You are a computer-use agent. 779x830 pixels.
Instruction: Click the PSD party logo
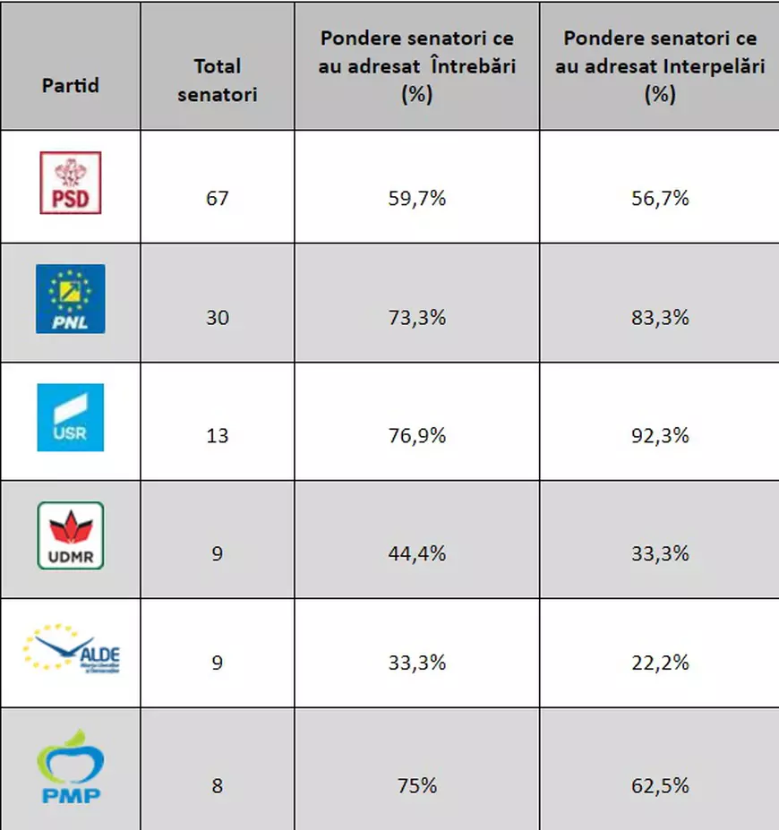point(71,183)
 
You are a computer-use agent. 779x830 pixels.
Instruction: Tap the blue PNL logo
point(71,299)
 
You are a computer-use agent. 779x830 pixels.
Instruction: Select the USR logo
point(71,417)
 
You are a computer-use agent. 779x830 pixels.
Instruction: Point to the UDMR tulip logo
point(71,535)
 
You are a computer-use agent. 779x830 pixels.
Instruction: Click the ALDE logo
point(72,650)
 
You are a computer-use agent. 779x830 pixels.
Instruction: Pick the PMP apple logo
point(71,769)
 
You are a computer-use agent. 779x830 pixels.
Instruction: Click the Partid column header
point(71,86)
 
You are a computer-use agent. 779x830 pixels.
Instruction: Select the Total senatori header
point(218,80)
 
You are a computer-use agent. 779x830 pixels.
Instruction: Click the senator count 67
point(218,198)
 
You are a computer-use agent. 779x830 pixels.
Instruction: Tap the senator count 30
point(218,317)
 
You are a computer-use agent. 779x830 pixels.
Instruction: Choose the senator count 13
point(218,435)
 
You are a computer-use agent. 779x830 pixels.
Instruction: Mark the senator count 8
point(218,786)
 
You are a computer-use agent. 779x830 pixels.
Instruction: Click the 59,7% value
point(417,198)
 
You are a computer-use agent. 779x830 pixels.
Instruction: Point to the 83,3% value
point(660,317)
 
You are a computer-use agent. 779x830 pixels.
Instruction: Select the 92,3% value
point(660,435)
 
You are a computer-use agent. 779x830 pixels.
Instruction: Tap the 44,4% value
point(417,553)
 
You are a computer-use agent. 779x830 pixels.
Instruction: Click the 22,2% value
point(660,663)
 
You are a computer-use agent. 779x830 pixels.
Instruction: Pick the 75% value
point(417,786)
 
